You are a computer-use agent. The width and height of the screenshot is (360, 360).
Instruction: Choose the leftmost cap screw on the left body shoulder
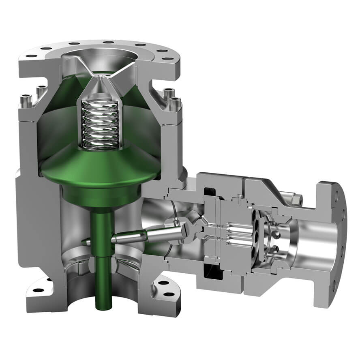tap(26, 99)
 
